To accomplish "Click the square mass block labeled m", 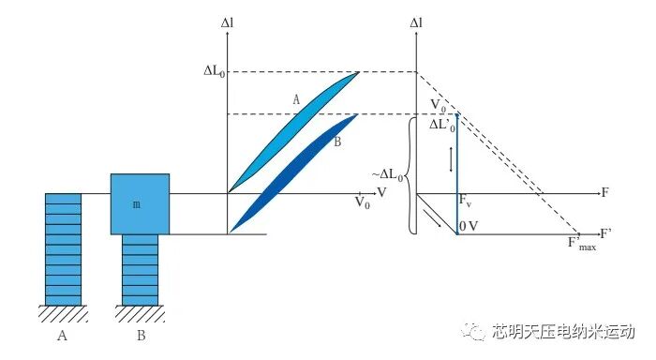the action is click(140, 203).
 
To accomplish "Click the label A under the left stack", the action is click(62, 336).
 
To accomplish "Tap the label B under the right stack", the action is click(142, 336).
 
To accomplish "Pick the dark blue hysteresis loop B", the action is click(292, 172).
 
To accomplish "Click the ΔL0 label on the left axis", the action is click(215, 71).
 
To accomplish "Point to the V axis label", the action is click(381, 192).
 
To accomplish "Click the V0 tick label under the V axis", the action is click(363, 202).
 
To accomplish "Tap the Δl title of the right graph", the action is click(416, 23).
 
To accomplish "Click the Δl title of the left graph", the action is click(227, 23).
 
